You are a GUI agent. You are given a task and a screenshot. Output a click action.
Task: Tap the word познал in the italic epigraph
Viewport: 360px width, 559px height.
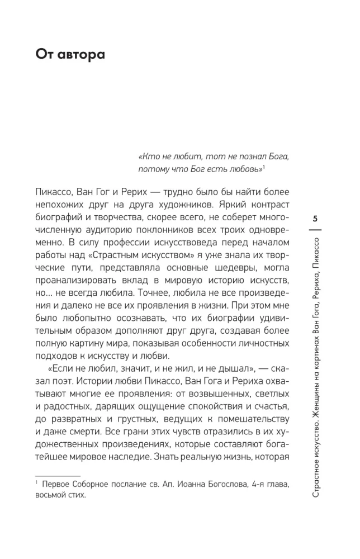pos(223,157)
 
